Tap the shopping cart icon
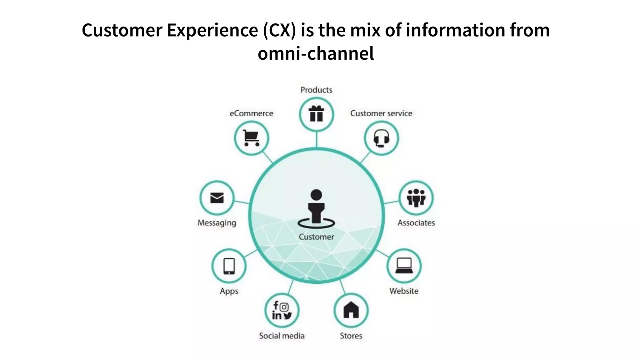[x=251, y=138]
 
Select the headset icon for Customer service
[x=381, y=138]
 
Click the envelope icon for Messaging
[x=217, y=198]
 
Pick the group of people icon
[x=416, y=198]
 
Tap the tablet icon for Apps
[x=229, y=266]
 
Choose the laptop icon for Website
[x=404, y=266]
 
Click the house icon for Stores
[x=351, y=310]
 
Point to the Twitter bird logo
[x=287, y=316]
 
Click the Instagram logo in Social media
[x=284, y=307]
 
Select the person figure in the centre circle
[x=316, y=208]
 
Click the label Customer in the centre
[x=316, y=237]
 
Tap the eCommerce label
[x=251, y=113]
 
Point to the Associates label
[x=416, y=223]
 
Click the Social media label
[x=282, y=336]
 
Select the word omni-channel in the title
[x=316, y=53]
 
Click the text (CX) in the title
[x=279, y=30]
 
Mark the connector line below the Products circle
[x=317, y=139]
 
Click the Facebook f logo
[x=276, y=305]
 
